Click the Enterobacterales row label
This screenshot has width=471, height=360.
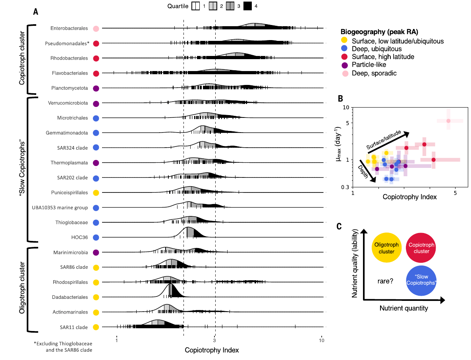tap(69, 28)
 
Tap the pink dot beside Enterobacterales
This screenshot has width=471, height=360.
tap(96, 28)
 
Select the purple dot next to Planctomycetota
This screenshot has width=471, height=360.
tap(96, 88)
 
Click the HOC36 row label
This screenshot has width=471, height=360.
tap(79, 238)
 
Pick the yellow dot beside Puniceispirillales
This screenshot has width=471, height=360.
tap(96, 193)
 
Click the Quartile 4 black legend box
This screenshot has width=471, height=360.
tap(248, 6)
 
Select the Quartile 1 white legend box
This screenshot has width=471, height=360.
tap(196, 6)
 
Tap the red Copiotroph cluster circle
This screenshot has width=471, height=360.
tap(421, 248)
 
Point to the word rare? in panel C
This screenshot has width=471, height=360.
tap(385, 281)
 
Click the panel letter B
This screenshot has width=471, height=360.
tap(340, 98)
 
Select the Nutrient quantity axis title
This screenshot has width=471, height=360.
tap(403, 308)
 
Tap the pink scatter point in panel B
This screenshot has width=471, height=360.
tap(448, 121)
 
